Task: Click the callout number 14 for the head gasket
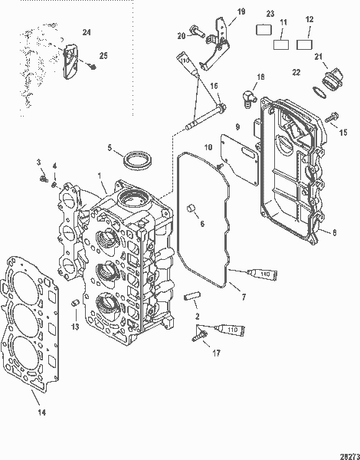tap(41, 412)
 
